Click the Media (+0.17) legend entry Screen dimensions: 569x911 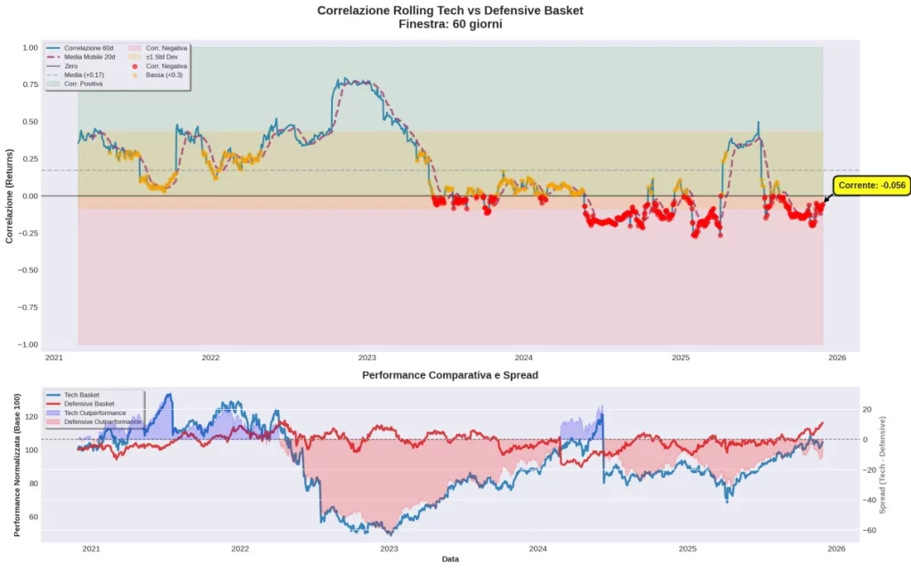(x=85, y=75)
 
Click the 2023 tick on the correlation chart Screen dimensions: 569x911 (x=367, y=357)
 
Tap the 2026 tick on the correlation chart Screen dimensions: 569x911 (x=836, y=357)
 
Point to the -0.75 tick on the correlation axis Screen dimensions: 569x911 (x=29, y=308)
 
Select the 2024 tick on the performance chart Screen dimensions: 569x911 (x=536, y=549)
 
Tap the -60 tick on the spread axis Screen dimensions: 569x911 (x=871, y=530)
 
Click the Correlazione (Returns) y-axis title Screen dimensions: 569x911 (x=10, y=196)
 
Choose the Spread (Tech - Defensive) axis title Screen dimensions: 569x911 (x=897, y=462)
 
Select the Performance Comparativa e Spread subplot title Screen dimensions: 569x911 (x=449, y=375)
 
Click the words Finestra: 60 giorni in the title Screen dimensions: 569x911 (x=449, y=24)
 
